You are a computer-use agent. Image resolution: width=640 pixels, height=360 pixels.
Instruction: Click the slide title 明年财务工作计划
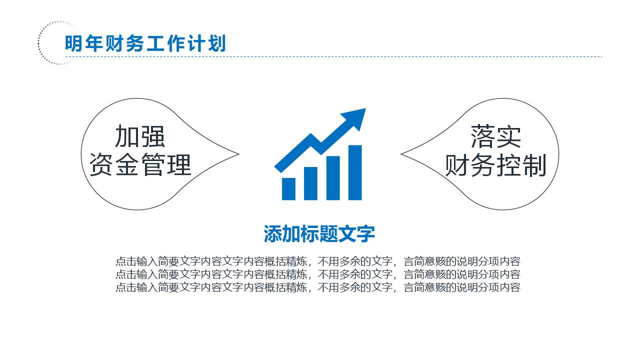tap(145, 44)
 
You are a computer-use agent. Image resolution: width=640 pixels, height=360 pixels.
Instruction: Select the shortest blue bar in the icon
tap(288, 188)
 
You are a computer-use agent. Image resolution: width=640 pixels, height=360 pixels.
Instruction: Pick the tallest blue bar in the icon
tap(354, 172)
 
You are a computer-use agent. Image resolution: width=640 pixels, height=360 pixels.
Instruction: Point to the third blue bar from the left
tap(332, 178)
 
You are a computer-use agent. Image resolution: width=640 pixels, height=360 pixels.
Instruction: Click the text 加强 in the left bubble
tap(140, 136)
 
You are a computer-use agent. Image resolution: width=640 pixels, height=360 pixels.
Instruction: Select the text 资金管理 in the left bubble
tap(140, 164)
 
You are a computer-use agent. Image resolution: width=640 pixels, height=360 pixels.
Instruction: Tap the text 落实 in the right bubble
tap(495, 136)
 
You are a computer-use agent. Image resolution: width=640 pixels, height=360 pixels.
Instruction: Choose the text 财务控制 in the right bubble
tap(495, 165)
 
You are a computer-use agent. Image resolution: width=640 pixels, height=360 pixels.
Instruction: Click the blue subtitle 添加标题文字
tap(319, 233)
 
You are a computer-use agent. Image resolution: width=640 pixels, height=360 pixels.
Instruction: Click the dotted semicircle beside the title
tap(43, 43)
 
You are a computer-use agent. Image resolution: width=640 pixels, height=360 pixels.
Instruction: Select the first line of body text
tap(318, 261)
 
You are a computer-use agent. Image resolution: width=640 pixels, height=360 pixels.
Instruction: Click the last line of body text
tap(318, 287)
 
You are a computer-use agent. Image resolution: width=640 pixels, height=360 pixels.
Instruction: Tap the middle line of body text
tap(318, 274)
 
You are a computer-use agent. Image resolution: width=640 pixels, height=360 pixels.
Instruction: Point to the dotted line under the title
tap(350, 56)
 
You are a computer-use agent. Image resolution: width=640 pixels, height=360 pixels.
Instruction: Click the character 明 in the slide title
tap(73, 44)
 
